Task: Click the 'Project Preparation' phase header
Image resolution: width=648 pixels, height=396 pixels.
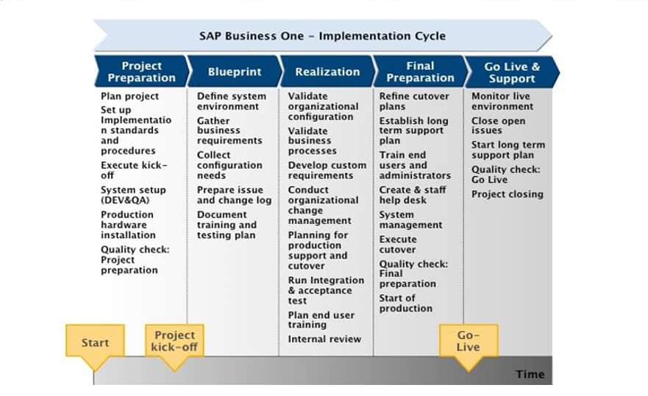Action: pos(141,71)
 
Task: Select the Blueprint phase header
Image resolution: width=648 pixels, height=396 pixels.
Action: pos(235,71)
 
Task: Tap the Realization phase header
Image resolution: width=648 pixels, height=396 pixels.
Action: pos(327,71)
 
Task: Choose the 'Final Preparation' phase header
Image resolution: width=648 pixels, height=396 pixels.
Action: pos(420,71)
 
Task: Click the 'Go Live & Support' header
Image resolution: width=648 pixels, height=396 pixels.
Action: pos(512,72)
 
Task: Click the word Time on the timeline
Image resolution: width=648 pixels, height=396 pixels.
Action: pos(530,374)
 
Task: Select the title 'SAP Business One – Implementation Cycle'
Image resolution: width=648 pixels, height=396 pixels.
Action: pos(322,36)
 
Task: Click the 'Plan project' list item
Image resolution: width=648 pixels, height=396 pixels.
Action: pos(129,96)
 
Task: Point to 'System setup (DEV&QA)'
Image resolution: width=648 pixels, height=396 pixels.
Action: pos(133,195)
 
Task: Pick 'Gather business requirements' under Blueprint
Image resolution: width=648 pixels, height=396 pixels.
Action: pos(229,131)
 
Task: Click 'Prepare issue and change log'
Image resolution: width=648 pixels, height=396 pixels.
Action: pos(235,195)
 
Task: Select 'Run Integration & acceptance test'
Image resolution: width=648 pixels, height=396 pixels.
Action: pos(326,290)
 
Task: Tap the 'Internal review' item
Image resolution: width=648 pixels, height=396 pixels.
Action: pos(324,339)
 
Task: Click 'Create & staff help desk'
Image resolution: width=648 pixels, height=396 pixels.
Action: pos(413,195)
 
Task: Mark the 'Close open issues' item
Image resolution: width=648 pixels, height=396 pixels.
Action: pos(499,126)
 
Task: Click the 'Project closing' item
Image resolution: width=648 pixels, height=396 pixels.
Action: pos(508,194)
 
